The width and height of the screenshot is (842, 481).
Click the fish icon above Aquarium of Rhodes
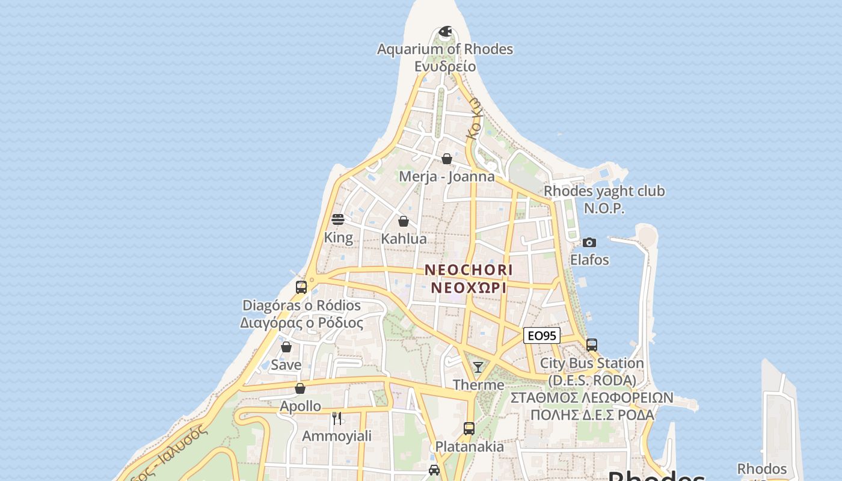click(445, 31)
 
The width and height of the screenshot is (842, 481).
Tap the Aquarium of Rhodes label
click(445, 49)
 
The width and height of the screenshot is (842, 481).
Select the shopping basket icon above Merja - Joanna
click(447, 159)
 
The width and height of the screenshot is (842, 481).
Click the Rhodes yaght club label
click(604, 191)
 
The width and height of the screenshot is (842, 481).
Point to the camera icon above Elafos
click(589, 242)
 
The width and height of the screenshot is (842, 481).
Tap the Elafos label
click(589, 260)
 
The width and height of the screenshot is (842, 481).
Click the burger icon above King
click(338, 219)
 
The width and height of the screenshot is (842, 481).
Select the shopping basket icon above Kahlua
click(404, 221)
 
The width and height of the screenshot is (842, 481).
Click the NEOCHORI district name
click(469, 270)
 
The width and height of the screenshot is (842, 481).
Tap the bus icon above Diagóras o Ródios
click(301, 287)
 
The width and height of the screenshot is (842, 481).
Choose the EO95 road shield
click(542, 335)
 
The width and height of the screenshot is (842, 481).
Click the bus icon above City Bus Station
click(592, 345)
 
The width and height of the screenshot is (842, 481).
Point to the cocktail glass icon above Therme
click(478, 367)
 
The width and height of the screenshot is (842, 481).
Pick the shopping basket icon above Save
click(286, 347)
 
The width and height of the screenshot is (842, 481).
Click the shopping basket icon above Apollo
click(300, 388)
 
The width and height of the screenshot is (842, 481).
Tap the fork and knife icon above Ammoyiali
click(337, 418)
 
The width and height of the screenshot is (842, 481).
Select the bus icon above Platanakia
click(469, 429)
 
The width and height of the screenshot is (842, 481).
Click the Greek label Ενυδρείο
click(445, 66)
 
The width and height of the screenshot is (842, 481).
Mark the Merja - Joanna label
click(447, 177)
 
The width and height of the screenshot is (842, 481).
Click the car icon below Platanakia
click(434, 470)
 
